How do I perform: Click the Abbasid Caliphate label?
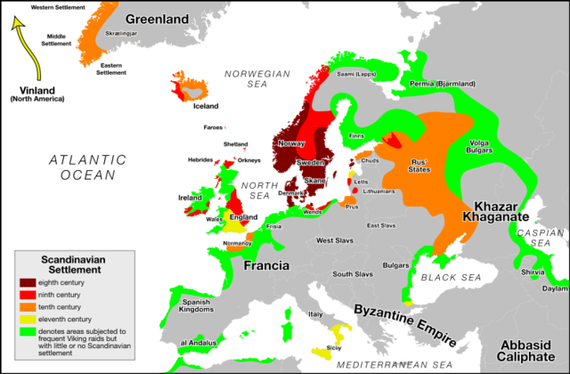(531, 351)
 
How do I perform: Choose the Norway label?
(291, 143)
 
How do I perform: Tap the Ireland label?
(190, 196)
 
